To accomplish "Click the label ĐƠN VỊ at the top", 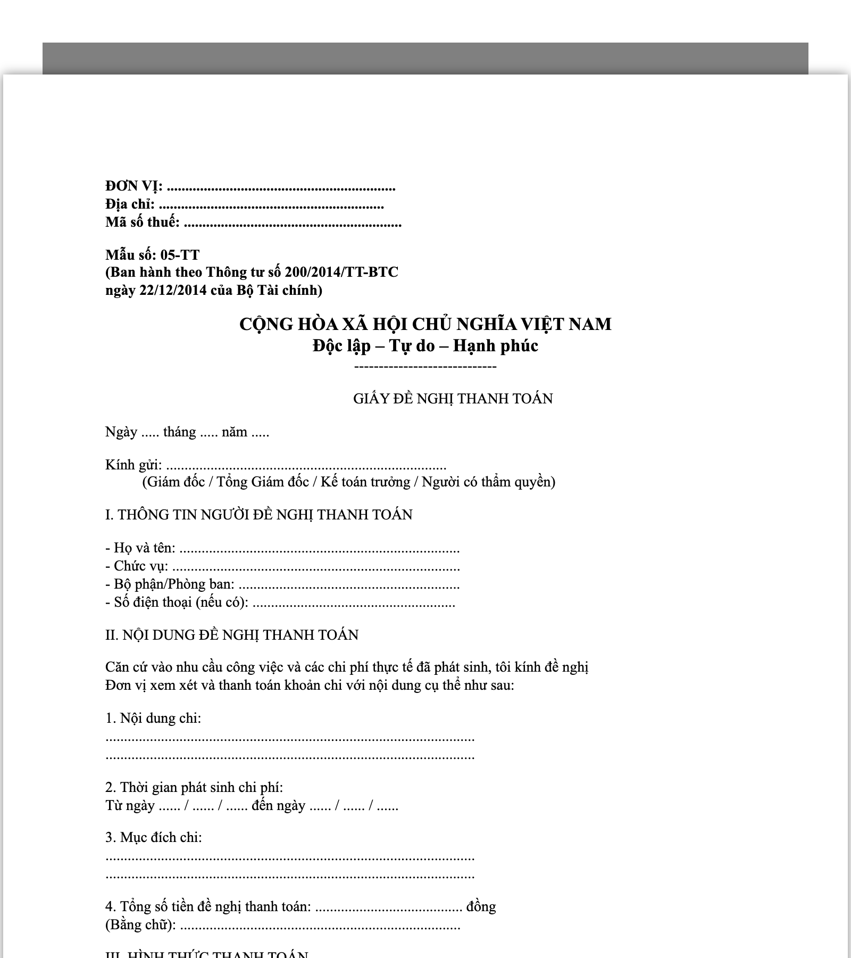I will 134,186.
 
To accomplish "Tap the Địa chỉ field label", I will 130,204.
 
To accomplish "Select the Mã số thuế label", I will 142,222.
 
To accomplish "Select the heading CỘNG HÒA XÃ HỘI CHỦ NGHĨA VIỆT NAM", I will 425,324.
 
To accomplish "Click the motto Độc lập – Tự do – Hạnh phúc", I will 425,346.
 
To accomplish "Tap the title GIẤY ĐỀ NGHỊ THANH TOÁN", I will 453,399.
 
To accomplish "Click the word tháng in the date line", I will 179,432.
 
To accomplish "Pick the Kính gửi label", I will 134,465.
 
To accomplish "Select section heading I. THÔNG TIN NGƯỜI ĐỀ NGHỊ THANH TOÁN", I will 258,515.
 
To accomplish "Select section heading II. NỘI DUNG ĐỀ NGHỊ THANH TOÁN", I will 232,635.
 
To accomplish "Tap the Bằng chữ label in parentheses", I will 140,925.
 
